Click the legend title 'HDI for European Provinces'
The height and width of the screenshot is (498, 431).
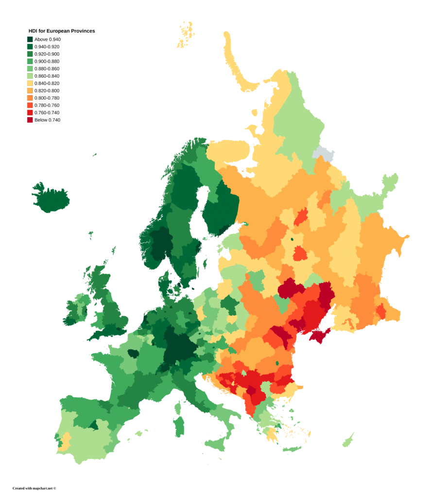[61, 31]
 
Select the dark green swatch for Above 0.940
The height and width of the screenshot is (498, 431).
[30, 39]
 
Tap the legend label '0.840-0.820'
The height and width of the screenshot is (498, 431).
[47, 83]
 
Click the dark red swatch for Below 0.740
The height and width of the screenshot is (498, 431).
[30, 120]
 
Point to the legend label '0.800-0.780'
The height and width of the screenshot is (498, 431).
[47, 98]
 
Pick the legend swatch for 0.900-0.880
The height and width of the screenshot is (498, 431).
[30, 61]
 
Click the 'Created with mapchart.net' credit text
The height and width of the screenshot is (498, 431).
[34, 488]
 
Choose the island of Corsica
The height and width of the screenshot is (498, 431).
[178, 407]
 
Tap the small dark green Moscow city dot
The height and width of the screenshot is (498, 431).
[292, 239]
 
